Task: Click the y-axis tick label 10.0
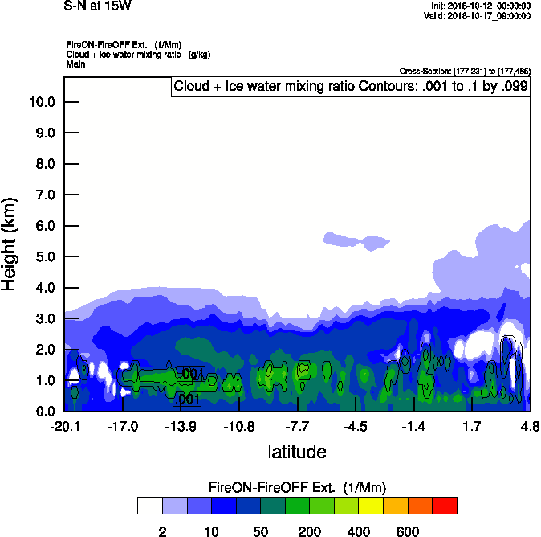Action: (41, 102)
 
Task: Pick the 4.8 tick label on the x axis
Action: (530, 425)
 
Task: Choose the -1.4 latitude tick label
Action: (413, 425)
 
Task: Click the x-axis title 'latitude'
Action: (296, 452)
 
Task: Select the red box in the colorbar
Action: (445, 506)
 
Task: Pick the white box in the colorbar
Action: (149, 506)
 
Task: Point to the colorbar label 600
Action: (408, 531)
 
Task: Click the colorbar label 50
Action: (260, 531)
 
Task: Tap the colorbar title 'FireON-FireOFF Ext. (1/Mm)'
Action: (297, 487)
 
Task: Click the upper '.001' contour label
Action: (190, 374)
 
